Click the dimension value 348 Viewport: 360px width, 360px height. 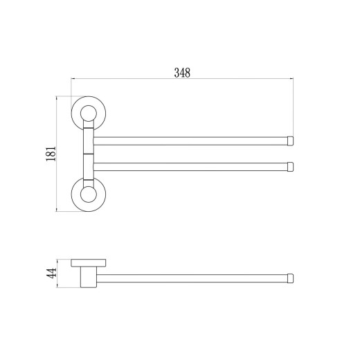(x=182, y=73)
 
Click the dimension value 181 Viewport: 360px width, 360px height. (x=51, y=154)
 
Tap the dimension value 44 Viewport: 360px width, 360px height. (x=51, y=273)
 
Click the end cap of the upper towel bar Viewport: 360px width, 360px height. (x=290, y=141)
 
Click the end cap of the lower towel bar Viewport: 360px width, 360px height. (x=290, y=167)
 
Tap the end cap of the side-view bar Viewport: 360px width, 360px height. (x=290, y=278)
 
